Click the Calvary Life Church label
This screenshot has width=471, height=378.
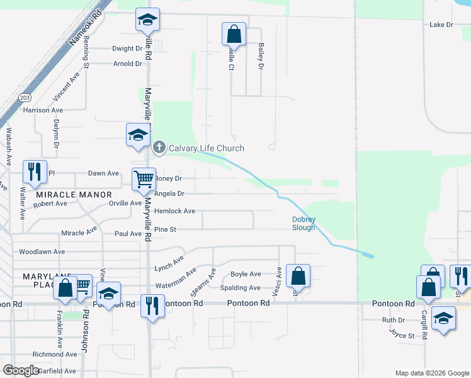coord(206,148)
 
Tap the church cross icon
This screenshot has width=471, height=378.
coord(159,148)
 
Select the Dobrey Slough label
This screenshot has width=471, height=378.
coord(304,224)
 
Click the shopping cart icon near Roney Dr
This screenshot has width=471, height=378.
coord(144,180)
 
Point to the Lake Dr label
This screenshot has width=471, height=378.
coord(441,25)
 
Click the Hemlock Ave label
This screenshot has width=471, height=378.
coord(174,212)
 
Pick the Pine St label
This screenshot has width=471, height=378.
coord(164,230)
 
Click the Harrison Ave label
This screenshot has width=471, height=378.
coord(43,110)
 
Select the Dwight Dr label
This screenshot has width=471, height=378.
coord(127,49)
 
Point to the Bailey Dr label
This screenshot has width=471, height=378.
coord(260,56)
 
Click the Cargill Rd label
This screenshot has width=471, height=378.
coord(425,324)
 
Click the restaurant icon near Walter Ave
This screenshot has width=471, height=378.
coord(35,172)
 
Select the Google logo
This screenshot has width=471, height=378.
coord(21,370)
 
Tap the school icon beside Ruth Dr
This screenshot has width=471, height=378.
coord(444,319)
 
